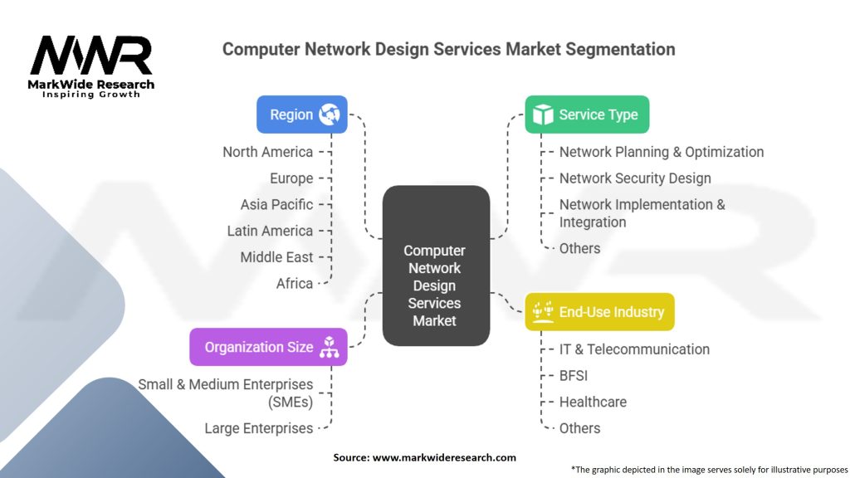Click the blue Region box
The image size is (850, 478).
(301, 115)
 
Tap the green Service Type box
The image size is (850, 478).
(587, 115)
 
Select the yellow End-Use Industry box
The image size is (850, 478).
(599, 312)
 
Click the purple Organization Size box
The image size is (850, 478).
(268, 347)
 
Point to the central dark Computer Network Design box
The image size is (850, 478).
(435, 266)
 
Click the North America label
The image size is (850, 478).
(267, 152)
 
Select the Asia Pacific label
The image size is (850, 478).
(276, 204)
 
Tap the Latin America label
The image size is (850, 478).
(270, 231)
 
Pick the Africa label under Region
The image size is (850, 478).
(295, 283)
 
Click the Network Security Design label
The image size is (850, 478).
(635, 178)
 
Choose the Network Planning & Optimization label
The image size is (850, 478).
(662, 152)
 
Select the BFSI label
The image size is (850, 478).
(574, 376)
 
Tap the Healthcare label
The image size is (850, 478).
(593, 402)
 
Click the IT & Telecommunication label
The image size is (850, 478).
(634, 349)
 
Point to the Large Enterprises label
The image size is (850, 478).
(259, 428)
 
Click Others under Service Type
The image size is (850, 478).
(579, 248)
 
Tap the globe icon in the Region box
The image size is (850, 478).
(330, 115)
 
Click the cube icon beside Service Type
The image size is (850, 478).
(543, 115)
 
